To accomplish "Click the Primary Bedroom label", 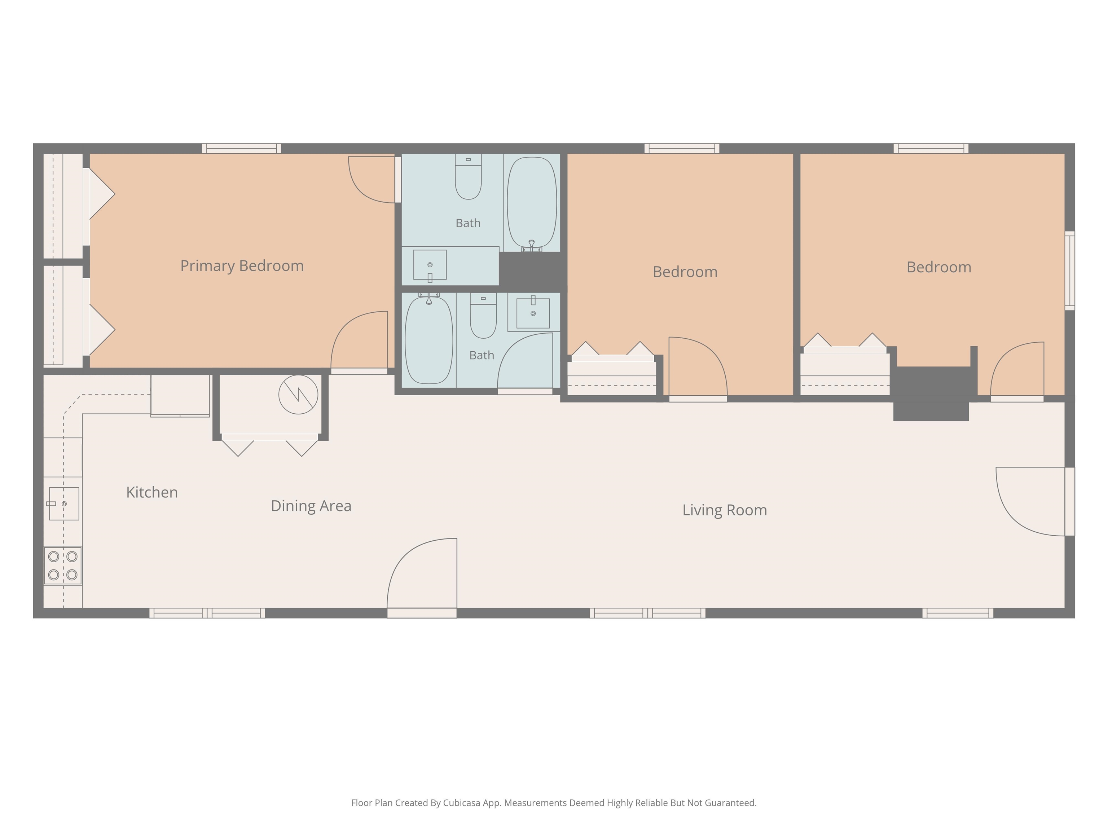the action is (242, 266).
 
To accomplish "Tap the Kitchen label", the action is (152, 492).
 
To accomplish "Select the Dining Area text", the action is (311, 506).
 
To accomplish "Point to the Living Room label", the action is (724, 510).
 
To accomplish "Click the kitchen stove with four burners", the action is (63, 566).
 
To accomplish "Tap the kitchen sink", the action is (63, 504).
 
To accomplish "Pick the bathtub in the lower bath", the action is (429, 340).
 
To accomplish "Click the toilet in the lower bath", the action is (483, 316).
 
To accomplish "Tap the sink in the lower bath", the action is (533, 313).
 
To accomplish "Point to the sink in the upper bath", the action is (430, 265).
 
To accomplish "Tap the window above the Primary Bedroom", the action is (241, 148).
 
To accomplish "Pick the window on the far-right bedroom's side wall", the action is (1069, 271).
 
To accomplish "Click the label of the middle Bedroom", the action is (685, 272).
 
